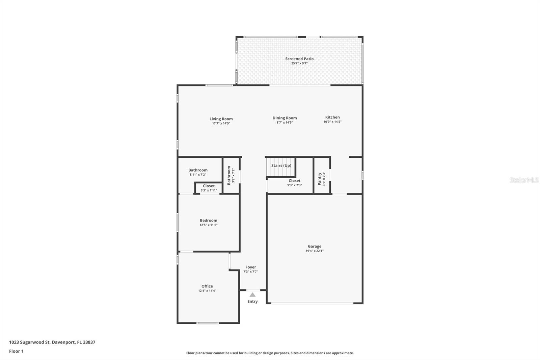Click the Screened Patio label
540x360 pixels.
point(299,59)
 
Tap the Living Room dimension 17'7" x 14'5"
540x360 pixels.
point(221,124)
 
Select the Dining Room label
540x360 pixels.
point(285,118)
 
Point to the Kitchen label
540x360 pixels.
point(332,117)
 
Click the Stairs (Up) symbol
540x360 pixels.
point(281,165)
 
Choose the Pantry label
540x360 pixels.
point(319,179)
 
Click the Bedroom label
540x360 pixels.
point(208,221)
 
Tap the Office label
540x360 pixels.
point(207,286)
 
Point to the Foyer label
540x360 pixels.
point(250,267)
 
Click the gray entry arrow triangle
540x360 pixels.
point(252,295)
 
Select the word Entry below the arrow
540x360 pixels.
point(252,302)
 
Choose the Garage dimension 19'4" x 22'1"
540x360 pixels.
point(315,251)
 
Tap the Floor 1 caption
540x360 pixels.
point(16,351)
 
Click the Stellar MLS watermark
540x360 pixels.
point(524,180)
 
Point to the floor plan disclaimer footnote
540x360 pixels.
point(270,353)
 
